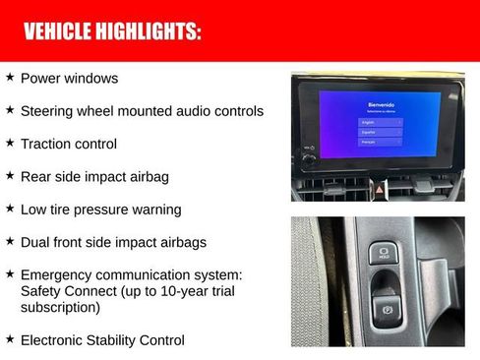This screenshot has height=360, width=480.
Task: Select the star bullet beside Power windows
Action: (10, 77)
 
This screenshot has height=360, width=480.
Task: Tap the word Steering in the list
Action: (47, 111)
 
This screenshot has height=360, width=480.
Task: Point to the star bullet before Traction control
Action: (10, 143)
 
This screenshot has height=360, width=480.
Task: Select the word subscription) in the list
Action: (60, 307)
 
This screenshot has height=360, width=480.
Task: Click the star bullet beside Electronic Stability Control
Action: (10, 339)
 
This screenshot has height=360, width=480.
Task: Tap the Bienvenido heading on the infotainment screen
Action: (381, 104)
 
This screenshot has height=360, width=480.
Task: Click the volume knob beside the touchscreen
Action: (309, 158)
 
